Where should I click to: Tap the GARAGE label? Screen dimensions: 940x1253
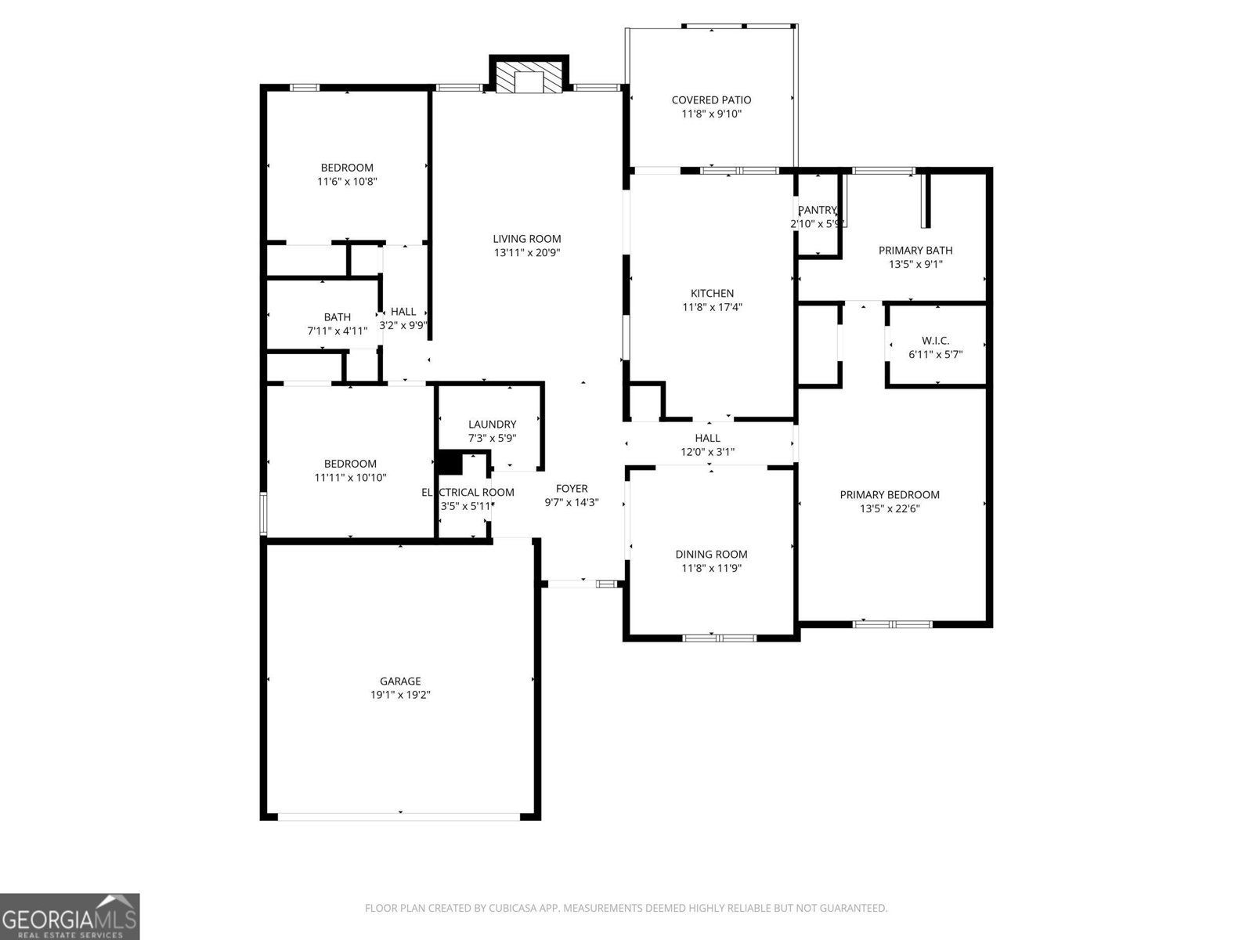tap(401, 681)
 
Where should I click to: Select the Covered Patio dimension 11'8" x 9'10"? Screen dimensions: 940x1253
tap(711, 114)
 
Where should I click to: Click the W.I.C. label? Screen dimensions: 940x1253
tap(935, 341)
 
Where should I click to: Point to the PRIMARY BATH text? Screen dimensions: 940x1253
tap(915, 251)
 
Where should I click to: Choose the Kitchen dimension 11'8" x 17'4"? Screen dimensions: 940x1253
tap(712, 308)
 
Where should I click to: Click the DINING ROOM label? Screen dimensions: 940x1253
tap(711, 555)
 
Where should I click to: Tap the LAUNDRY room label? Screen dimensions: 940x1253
tap(492, 425)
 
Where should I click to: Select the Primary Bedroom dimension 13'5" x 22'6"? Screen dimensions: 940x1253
tap(890, 509)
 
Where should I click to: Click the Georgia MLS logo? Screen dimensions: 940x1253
tap(70, 916)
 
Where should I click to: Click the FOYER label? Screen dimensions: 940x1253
tap(572, 489)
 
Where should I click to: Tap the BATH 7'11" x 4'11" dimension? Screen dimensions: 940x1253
tap(337, 331)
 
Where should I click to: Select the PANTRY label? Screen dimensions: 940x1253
tap(817, 210)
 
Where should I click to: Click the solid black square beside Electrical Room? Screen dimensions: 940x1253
tap(450, 462)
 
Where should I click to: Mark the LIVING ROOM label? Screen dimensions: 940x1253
tap(526, 239)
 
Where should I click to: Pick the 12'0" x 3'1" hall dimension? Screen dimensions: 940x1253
tap(707, 452)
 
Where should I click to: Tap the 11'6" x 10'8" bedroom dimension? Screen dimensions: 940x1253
tap(347, 182)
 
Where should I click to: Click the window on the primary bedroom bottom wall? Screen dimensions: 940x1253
tap(892, 624)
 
